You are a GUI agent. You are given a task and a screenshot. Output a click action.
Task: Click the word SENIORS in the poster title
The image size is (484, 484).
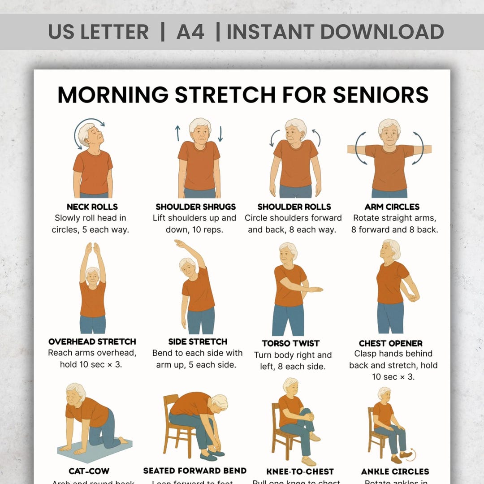coord(380,95)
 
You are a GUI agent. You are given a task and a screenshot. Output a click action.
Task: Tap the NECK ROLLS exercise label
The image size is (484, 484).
coord(92,207)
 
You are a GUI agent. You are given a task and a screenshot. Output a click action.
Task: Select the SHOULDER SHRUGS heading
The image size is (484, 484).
coord(195,207)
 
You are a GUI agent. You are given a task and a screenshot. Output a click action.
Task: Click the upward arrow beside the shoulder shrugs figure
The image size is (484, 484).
coord(178,133)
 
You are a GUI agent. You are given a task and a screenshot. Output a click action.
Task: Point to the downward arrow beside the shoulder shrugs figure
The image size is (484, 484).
coord(220,134)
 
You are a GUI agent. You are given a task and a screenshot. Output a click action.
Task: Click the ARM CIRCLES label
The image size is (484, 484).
coord(392,207)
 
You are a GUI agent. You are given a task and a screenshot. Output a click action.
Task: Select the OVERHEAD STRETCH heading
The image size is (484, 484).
coord(92,341)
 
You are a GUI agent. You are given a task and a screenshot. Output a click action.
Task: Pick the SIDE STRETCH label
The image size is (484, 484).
coord(198,341)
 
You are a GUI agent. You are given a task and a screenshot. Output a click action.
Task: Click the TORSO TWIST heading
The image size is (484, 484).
coord(291,343)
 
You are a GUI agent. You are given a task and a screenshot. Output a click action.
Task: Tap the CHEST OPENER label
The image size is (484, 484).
coord(391,343)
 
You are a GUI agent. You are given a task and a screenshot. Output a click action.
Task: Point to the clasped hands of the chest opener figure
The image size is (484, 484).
coord(411,296)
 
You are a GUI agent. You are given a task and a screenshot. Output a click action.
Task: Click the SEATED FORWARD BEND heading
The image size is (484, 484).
coord(195,471)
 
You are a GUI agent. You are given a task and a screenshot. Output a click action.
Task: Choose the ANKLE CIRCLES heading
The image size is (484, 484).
coord(395,471)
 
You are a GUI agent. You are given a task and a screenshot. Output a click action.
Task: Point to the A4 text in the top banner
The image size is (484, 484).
coord(190,32)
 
